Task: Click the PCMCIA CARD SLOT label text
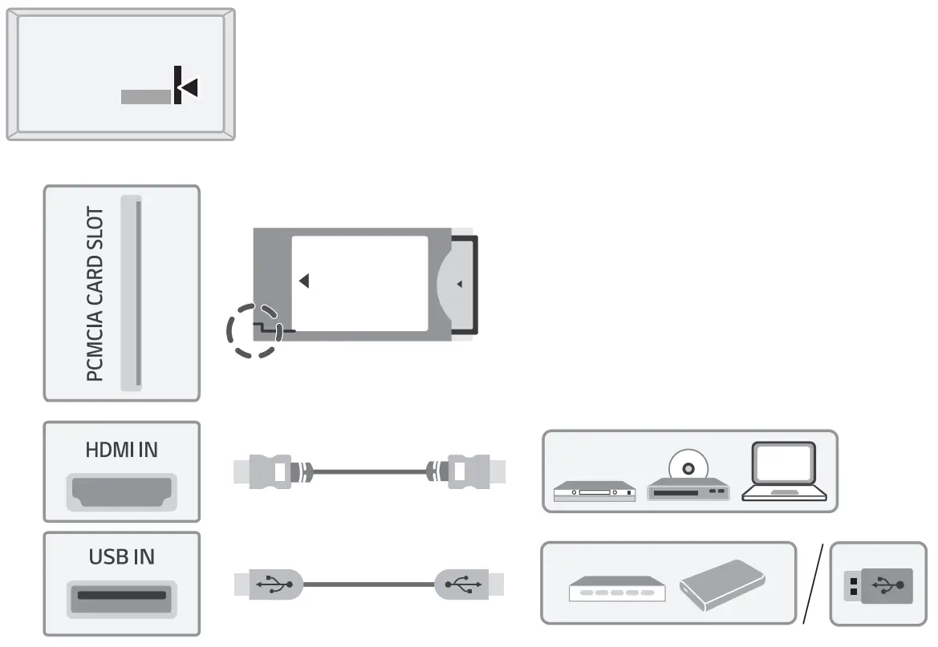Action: click(95, 294)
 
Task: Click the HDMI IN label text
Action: click(121, 450)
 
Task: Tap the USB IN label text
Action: click(121, 556)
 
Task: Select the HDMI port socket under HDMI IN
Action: click(122, 491)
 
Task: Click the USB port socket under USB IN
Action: click(122, 596)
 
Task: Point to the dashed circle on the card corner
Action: click(254, 330)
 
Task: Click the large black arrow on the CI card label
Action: click(304, 281)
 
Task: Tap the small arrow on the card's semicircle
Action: click(459, 284)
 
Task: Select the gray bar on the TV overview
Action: click(146, 96)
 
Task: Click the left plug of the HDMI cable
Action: click(269, 471)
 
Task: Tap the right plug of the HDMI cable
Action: click(469, 471)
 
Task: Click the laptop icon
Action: click(783, 472)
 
